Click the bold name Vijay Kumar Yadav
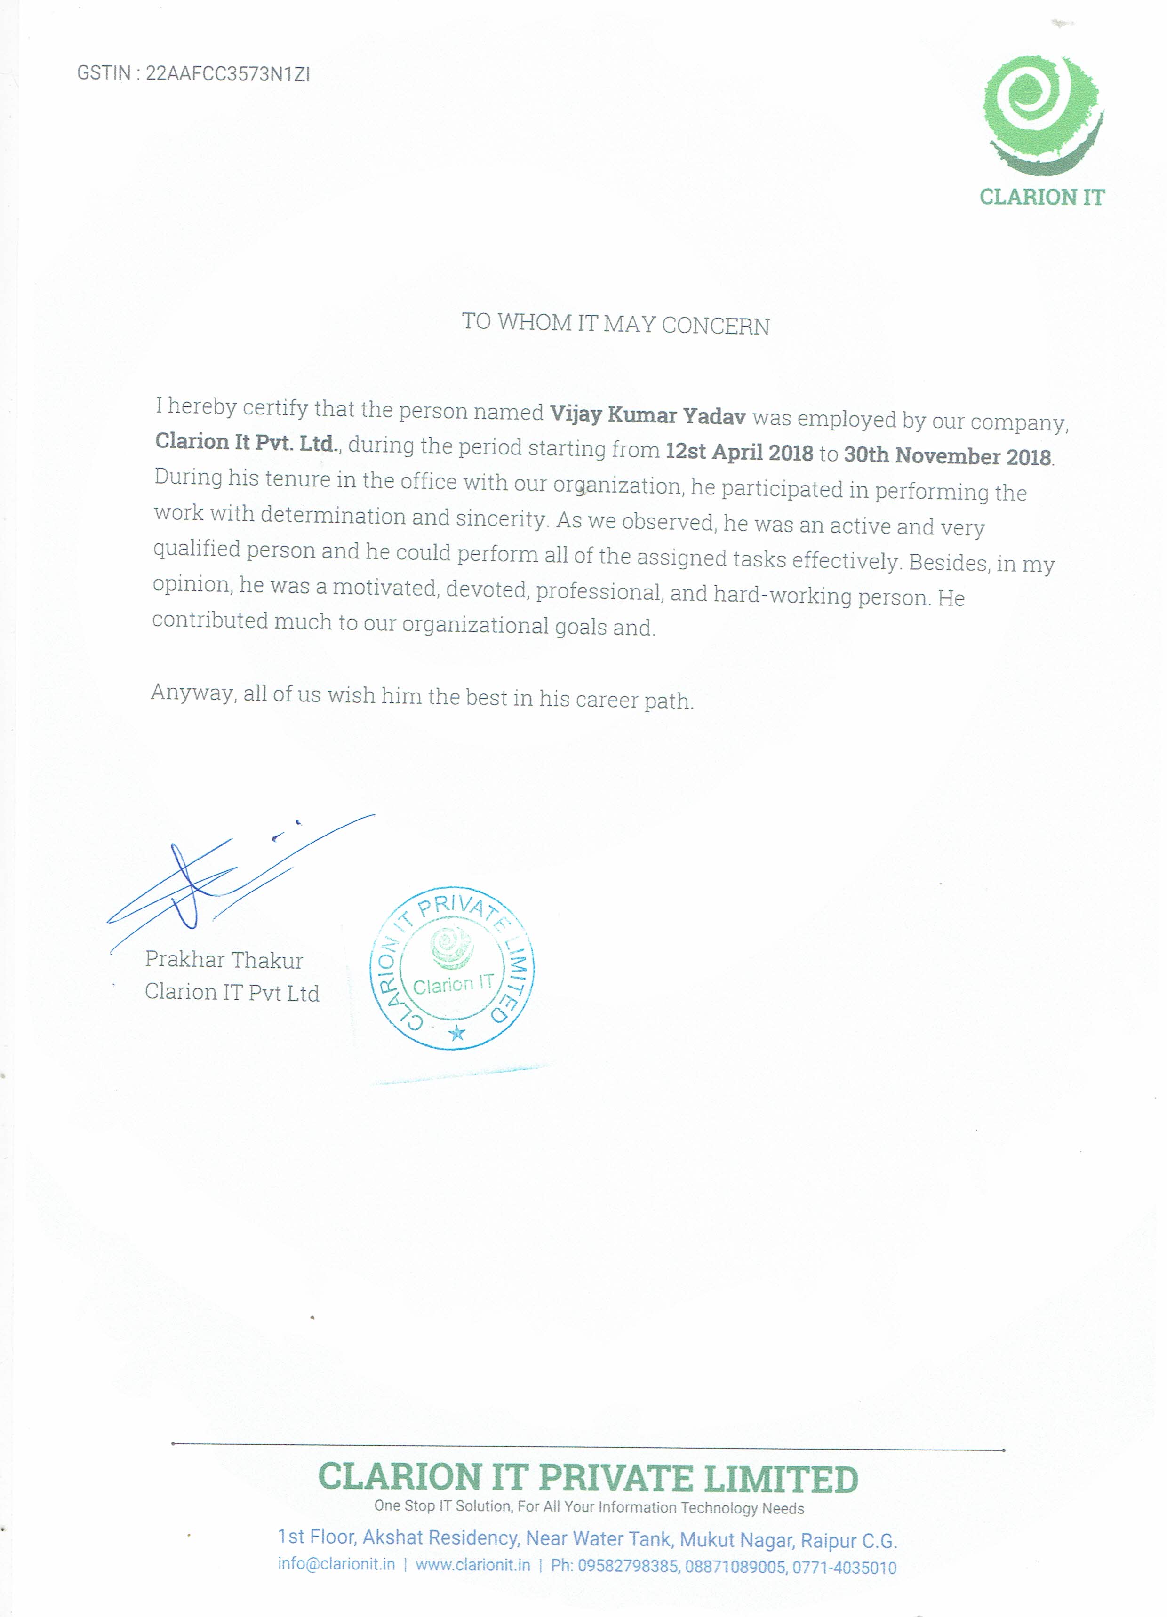(647, 414)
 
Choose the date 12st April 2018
(739, 452)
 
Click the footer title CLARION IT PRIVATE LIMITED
(588, 1478)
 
